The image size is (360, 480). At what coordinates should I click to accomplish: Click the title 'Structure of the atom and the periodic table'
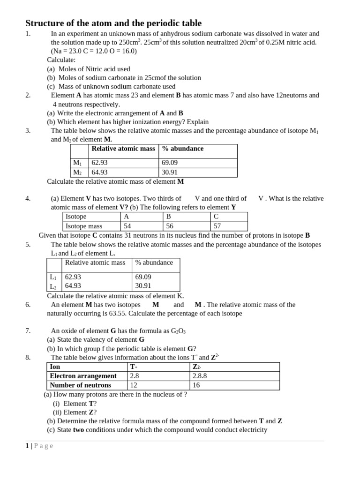(113, 23)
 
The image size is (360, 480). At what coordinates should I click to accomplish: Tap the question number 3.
(28, 130)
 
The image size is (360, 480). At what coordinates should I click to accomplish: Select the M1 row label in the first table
(77, 163)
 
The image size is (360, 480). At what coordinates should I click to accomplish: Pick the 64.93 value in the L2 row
(73, 285)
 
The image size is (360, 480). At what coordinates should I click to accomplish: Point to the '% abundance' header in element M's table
(183, 149)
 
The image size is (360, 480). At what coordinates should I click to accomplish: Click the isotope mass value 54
(127, 226)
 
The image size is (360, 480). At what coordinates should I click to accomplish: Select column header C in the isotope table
(216, 217)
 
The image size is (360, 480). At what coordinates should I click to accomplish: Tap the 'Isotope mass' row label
(84, 226)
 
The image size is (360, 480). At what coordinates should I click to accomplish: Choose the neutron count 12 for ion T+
(134, 385)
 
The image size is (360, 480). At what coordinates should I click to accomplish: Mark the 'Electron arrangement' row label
(83, 376)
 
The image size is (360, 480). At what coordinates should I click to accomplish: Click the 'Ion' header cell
(55, 367)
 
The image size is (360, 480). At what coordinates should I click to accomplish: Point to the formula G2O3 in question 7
(178, 331)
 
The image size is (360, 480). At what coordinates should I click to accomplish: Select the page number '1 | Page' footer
(39, 446)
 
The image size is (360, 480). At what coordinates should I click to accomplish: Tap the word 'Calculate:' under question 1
(61, 60)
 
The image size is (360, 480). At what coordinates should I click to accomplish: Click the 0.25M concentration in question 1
(279, 42)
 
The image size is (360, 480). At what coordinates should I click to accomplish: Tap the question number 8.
(28, 357)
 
